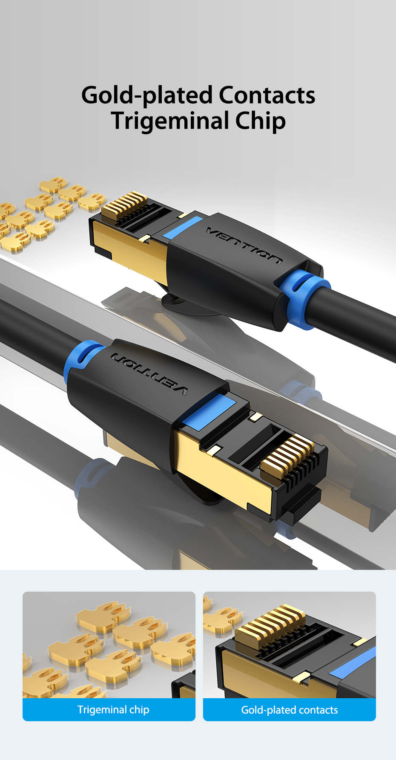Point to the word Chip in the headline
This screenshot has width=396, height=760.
coord(260,121)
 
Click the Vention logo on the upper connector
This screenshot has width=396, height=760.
coord(244,245)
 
